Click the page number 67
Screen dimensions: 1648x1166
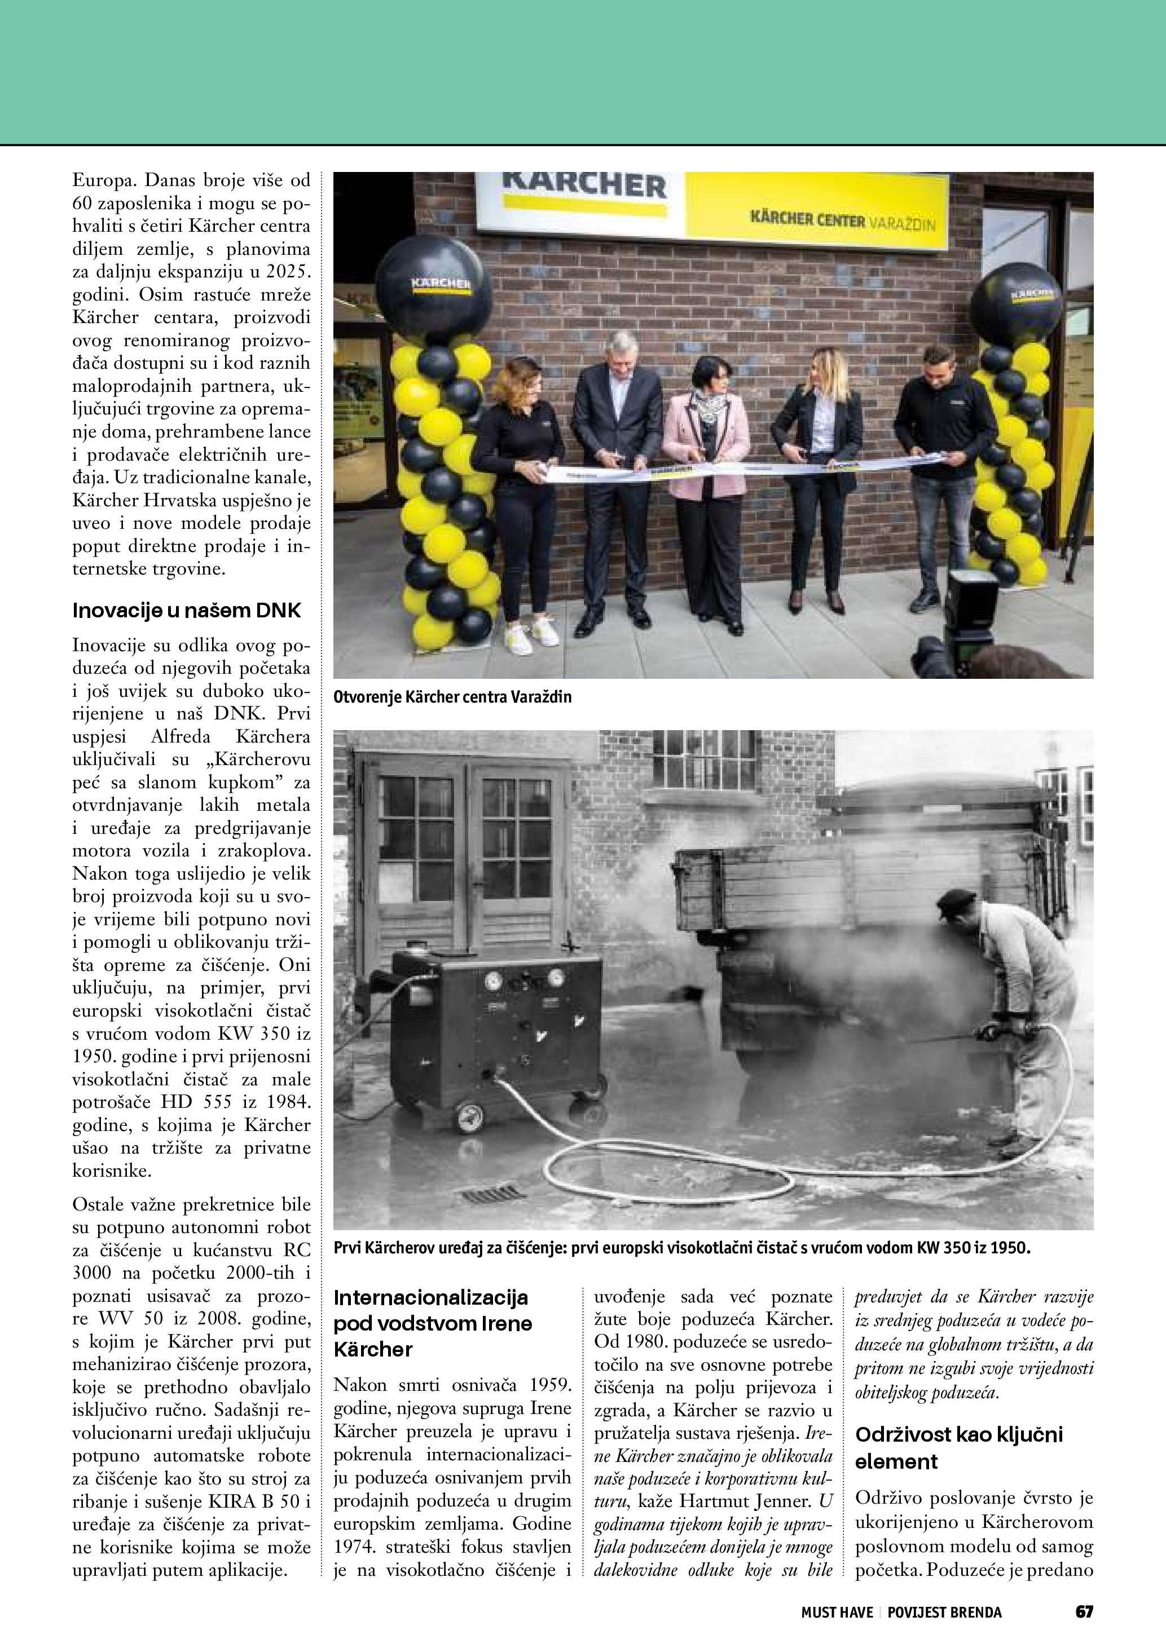coord(1084,1611)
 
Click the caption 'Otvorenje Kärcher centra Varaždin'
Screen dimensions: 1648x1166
coord(452,697)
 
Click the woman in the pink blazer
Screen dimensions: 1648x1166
coord(705,474)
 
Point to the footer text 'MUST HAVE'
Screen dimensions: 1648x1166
coord(837,1612)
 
